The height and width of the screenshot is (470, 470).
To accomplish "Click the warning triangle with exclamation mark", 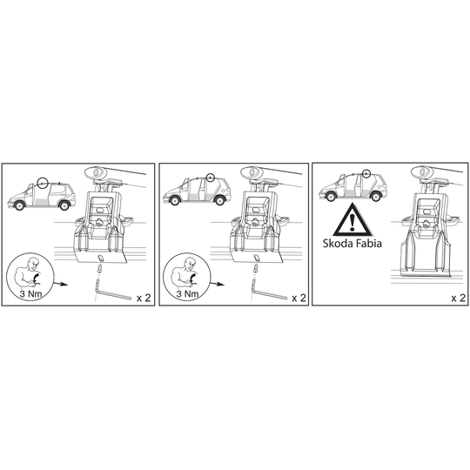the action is coord(352,220).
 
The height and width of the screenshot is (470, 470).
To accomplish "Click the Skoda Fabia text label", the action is coord(352,243).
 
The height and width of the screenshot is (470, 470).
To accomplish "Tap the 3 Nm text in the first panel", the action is coord(30,293).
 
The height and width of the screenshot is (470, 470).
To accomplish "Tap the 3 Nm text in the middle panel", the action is coord(187,293).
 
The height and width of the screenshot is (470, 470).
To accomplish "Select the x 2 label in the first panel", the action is coord(144,298).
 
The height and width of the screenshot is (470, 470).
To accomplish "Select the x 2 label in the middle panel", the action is coord(299,298).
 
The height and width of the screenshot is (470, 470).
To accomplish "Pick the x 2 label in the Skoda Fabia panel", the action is coord(459,298).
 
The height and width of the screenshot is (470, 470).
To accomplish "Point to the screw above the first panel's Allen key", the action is coord(99,268).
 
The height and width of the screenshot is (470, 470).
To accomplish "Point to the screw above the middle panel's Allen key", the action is coord(255,268).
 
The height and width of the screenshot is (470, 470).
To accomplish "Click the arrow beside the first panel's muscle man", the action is coord(61,284).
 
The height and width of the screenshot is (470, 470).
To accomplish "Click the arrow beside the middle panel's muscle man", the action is coord(217,284).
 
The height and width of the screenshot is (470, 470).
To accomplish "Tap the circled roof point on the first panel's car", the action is coord(43,183).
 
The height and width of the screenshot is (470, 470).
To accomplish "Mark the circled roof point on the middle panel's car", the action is coord(211,178).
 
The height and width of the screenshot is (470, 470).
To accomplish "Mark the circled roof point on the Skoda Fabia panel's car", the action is coord(366,173).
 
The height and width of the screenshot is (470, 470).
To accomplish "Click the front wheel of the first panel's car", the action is coord(19,205).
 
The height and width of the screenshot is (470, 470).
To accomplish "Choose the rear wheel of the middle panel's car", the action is coord(219,200).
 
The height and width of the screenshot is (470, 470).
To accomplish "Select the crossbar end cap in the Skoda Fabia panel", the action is coord(420,172).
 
